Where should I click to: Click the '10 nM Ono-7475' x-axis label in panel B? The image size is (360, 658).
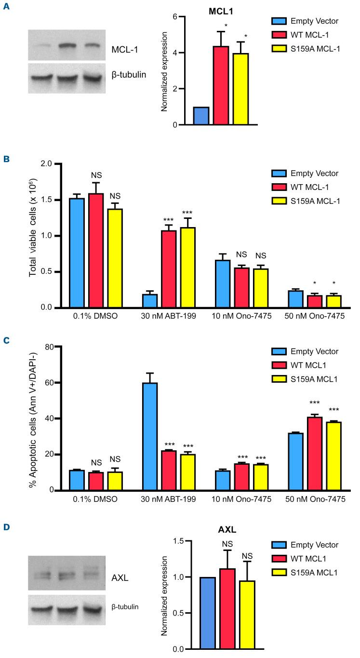(236, 318)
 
